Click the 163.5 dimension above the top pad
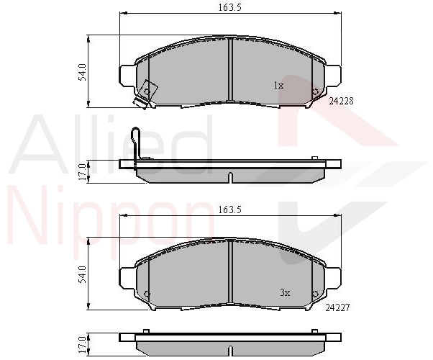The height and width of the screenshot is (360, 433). coord(229,7)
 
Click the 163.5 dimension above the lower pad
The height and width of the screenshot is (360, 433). coord(229,210)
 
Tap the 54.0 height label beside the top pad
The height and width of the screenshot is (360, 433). coord(82,72)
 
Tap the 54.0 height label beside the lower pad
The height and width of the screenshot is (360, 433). coord(82,274)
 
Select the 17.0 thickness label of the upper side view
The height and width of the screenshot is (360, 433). coord(82,171)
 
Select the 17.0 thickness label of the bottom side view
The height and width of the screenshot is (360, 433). coord(82,345)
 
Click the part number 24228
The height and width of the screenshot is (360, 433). coord(341,102)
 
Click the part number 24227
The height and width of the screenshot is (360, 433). coord(337,307)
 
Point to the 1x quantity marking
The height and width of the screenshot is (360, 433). coord(278,86)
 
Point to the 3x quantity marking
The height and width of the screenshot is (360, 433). coord(285,292)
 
